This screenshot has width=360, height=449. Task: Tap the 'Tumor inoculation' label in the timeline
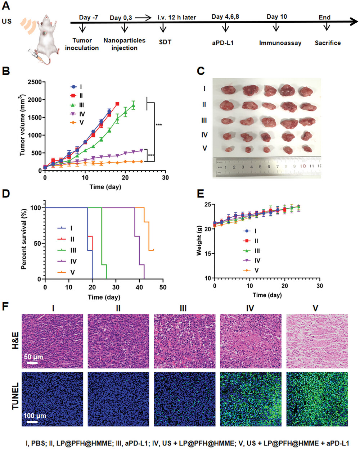82,44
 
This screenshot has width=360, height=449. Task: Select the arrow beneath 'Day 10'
276,27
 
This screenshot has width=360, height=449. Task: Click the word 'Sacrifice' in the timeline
328,43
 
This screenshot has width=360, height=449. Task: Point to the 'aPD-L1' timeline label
223,43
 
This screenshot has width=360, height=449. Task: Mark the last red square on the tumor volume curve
117,104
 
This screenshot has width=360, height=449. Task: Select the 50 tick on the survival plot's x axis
163,287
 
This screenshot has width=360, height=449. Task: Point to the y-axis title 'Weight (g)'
199,241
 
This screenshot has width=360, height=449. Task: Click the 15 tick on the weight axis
208,254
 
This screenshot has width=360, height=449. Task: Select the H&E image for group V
317,341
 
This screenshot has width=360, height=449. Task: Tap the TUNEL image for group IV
251,399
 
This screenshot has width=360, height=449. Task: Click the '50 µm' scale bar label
34,357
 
